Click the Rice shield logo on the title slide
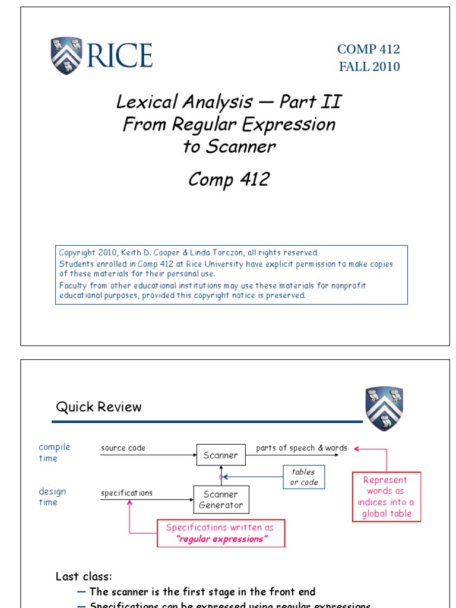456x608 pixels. (x=66, y=56)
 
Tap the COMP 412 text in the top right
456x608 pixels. (x=369, y=50)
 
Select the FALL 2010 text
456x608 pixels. (x=369, y=66)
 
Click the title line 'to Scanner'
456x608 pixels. (x=229, y=147)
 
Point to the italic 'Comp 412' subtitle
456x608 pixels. (x=229, y=179)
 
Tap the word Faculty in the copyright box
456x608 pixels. (x=72, y=286)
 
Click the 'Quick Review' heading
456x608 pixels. (x=99, y=407)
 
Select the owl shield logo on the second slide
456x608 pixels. (x=384, y=409)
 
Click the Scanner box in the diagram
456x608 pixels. (x=220, y=455)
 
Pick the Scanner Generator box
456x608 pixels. (x=220, y=500)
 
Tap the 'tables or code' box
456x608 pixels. (x=303, y=477)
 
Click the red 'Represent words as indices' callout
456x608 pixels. (x=386, y=497)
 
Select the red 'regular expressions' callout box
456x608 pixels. (x=220, y=533)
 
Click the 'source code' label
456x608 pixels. (x=123, y=448)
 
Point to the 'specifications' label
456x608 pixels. (x=126, y=493)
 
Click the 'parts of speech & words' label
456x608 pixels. (x=302, y=448)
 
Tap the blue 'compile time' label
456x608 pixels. (x=54, y=452)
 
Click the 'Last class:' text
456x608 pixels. (x=84, y=577)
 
